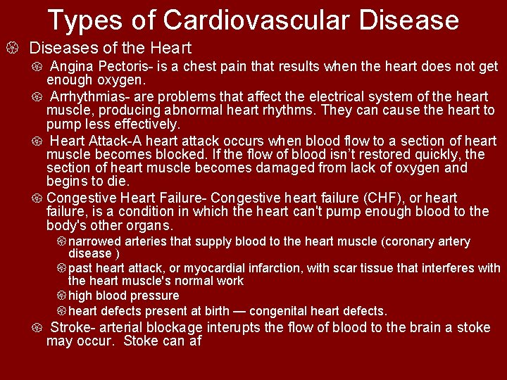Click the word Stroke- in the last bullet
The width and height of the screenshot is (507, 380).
click(x=76, y=327)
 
